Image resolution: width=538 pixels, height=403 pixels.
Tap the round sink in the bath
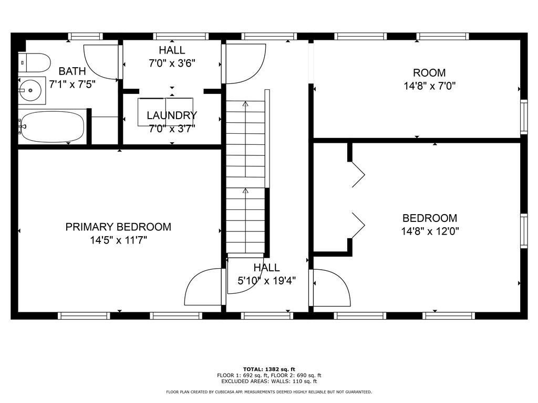pos(31,91)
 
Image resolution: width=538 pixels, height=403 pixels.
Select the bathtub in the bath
pos(51,126)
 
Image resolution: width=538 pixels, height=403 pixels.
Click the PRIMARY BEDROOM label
pos(118,227)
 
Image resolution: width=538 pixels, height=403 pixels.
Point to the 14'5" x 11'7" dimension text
pos(118,240)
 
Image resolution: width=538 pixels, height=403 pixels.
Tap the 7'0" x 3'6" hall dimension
pos(172,63)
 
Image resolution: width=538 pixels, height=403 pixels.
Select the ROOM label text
pos(429,73)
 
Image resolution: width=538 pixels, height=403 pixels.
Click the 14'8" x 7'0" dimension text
pos(429,86)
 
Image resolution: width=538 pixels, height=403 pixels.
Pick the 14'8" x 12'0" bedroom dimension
pos(429,231)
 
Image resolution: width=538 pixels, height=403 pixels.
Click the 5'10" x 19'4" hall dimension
pos(267,281)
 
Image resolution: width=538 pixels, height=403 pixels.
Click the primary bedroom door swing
pos(204,287)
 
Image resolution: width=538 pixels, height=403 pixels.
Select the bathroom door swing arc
pos(101,61)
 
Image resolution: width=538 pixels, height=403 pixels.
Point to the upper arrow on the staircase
pos(245,104)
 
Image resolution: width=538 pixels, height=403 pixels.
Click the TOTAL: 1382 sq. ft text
pos(269,369)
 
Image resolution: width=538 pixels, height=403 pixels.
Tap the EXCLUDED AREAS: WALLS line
pos(269,381)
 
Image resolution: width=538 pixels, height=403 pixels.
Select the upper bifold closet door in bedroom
pos(358,174)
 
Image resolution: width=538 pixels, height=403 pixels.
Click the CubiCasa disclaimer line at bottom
pos(269,392)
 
